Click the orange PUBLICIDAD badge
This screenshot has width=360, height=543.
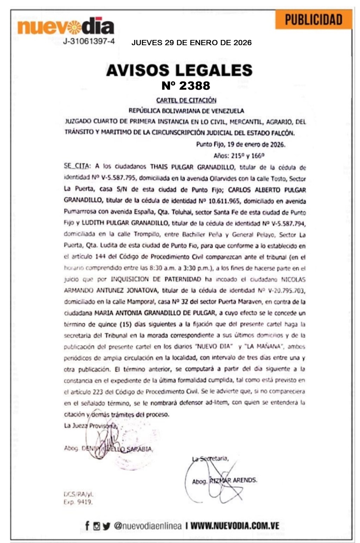(x=313, y=20)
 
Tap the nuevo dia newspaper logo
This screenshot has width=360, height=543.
(x=66, y=26)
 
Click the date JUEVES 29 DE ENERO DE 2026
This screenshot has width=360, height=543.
(x=191, y=43)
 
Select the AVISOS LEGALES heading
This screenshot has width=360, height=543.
(x=179, y=70)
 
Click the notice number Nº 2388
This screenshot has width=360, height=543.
(x=186, y=86)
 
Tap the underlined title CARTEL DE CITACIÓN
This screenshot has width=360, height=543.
(x=186, y=101)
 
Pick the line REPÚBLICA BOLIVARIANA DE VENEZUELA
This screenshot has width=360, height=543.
(x=186, y=111)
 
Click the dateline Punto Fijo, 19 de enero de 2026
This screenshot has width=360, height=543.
(x=240, y=144)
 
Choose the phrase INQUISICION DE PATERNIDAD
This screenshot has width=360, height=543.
(x=156, y=279)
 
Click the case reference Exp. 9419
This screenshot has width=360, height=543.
(x=78, y=502)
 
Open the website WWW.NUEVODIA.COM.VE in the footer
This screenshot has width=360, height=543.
(x=235, y=526)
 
